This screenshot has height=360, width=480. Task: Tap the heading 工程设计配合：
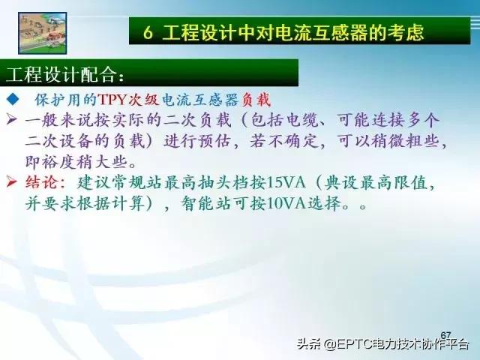click(66, 76)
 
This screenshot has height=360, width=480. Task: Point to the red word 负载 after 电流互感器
click(256, 100)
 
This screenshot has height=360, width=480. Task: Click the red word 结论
click(43, 182)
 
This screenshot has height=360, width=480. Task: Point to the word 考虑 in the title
click(407, 32)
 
